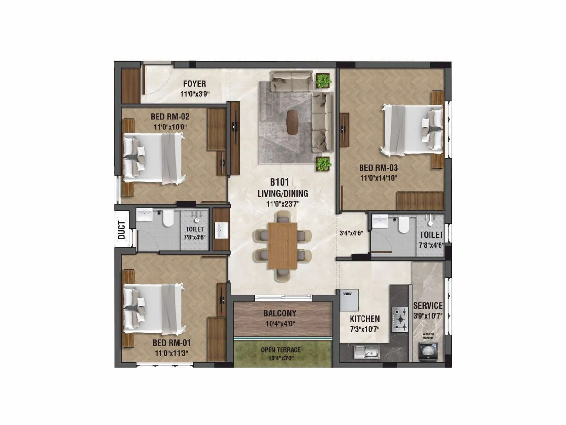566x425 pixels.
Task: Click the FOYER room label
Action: (x=194, y=84)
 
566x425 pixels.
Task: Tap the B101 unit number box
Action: (x=279, y=182)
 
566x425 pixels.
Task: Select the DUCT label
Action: (x=122, y=230)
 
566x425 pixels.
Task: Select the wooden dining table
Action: (x=282, y=245)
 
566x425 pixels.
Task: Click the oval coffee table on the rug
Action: (x=292, y=122)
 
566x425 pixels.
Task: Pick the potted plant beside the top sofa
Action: (x=323, y=81)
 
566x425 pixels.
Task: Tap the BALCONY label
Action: (x=280, y=313)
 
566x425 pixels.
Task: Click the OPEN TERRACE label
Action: (x=281, y=350)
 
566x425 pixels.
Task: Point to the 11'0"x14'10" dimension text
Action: (x=379, y=178)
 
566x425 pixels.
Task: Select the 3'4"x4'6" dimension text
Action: (x=351, y=233)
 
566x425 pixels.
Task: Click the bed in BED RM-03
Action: (x=412, y=130)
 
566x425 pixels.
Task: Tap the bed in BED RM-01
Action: (x=154, y=309)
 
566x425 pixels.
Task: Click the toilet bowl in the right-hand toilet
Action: (x=403, y=225)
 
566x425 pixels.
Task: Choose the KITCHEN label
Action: (x=365, y=319)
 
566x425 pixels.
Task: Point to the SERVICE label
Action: (x=428, y=306)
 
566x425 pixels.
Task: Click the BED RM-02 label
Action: (x=170, y=117)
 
